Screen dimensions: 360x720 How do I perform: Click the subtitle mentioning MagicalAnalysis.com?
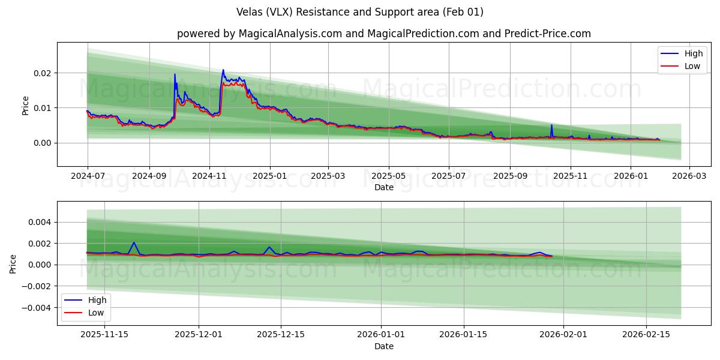click(x=384, y=34)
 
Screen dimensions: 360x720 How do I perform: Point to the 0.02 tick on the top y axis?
click(x=42, y=73)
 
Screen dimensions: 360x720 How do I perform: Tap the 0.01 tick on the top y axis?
click(x=42, y=108)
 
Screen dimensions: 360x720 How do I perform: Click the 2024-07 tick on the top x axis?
click(x=88, y=176)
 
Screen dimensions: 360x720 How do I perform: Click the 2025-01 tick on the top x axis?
click(x=270, y=176)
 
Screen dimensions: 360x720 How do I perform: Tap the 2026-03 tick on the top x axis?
click(x=689, y=176)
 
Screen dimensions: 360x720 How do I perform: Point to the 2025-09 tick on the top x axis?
click(x=510, y=176)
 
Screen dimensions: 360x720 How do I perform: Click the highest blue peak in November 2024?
click(x=223, y=70)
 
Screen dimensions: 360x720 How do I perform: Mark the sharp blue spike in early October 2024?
click(x=175, y=74)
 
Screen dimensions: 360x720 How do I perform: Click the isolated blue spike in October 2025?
click(x=551, y=125)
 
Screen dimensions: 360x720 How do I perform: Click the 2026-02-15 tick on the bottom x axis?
click(x=646, y=334)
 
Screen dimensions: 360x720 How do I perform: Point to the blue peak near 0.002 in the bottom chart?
click(x=133, y=243)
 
